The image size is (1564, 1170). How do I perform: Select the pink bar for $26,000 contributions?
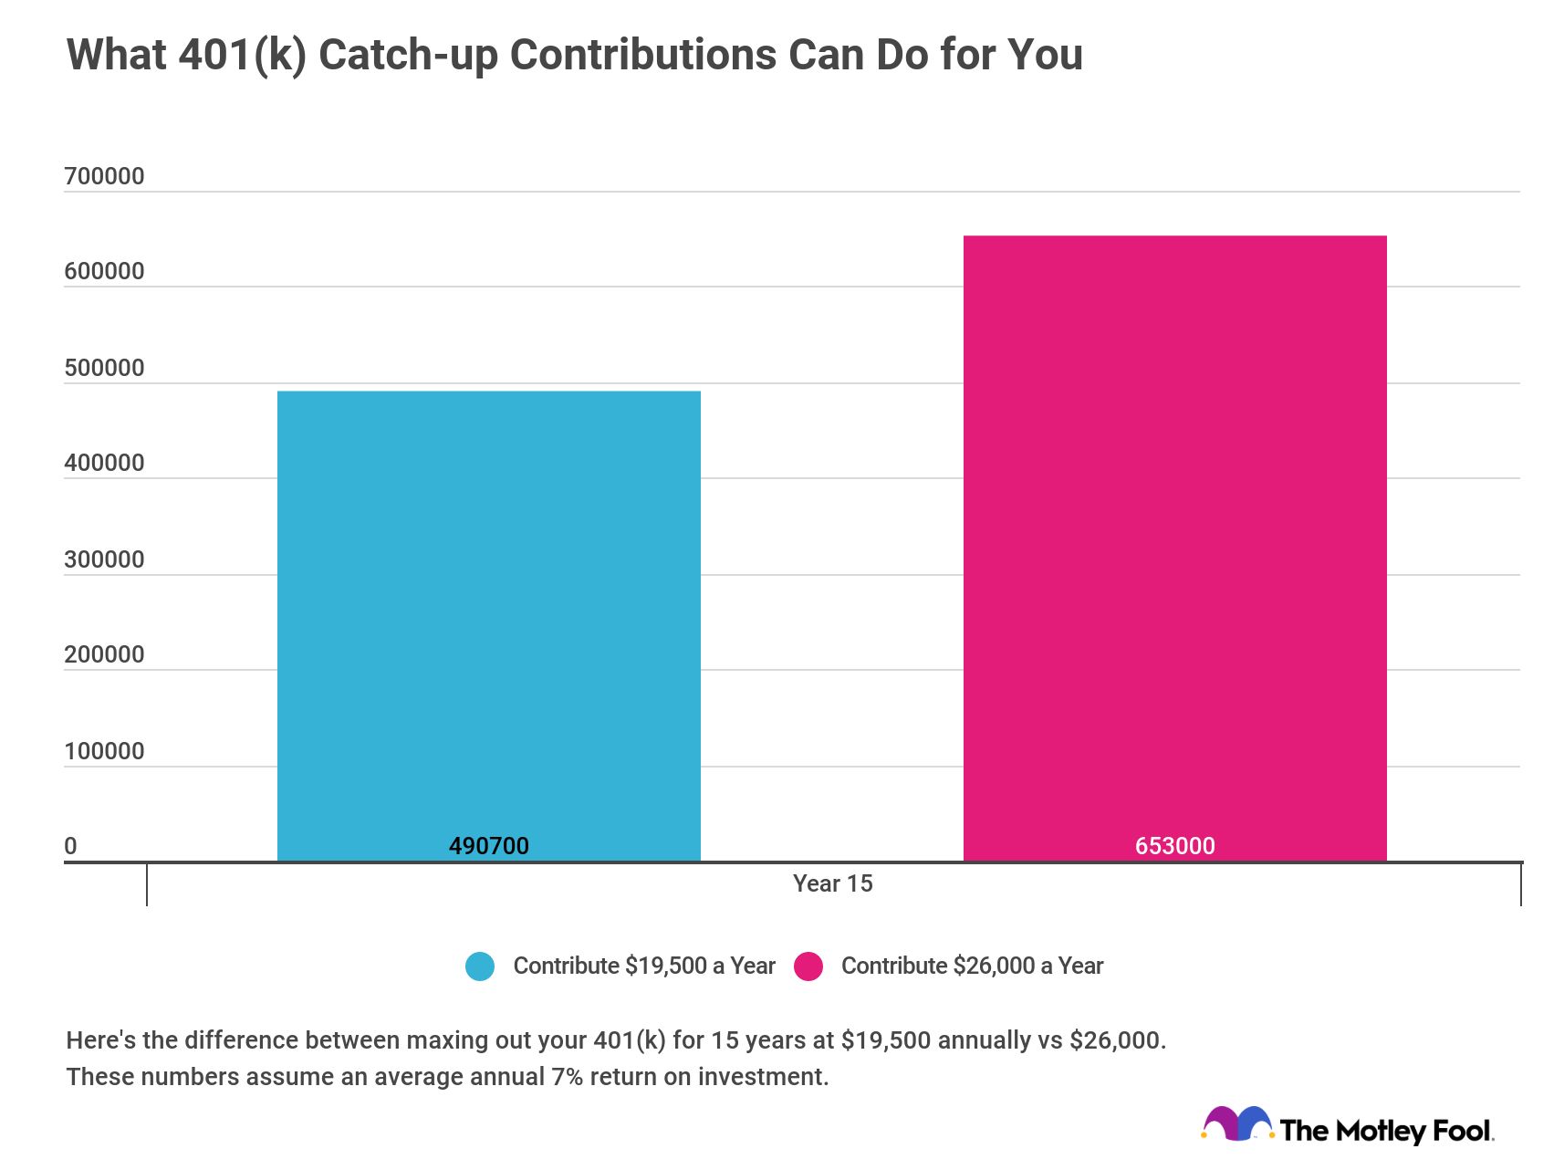point(1174,548)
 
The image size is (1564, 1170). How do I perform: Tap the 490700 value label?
point(488,846)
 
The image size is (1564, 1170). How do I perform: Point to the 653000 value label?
point(1174,846)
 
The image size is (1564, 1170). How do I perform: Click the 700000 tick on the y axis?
point(104,176)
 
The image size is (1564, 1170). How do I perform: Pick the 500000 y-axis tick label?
point(104,368)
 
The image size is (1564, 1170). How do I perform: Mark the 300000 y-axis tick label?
point(104,559)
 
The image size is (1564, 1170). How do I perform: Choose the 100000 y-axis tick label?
point(104,751)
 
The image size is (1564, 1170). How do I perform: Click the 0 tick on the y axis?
point(71,846)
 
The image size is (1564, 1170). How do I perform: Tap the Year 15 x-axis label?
point(832,883)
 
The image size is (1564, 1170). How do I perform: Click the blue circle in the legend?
point(480,966)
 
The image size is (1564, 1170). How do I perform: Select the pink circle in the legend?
point(808,966)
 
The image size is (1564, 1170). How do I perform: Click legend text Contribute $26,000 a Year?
point(972,966)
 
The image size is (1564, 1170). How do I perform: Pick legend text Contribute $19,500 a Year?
point(643,966)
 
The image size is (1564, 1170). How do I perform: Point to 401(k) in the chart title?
point(242,55)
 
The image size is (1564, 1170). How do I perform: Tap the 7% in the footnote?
point(566,1077)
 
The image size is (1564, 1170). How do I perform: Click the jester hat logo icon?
point(1236,1124)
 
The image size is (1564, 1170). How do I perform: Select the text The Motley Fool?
point(1385,1131)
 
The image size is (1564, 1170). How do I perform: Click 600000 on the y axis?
point(104,271)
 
